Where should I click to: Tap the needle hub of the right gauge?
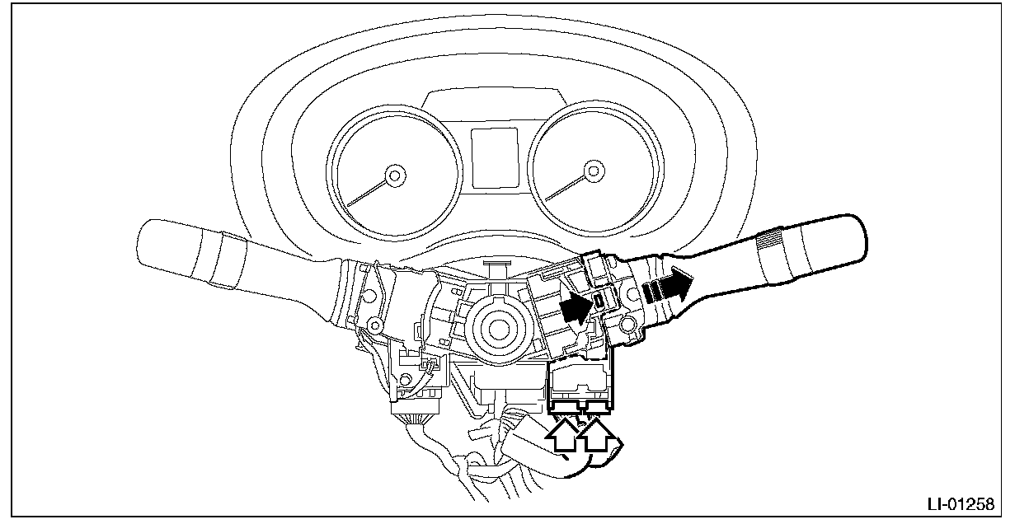point(594,171)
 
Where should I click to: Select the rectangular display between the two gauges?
point(496,157)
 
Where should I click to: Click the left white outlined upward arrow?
point(561,435)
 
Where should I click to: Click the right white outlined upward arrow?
point(596,435)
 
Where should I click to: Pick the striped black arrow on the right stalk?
point(668,285)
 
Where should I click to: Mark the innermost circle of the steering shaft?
point(499,329)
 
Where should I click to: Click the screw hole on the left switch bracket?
point(376,325)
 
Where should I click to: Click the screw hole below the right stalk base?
point(627,325)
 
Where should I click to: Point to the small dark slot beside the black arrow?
point(599,301)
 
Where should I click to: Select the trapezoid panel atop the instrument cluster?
point(495,104)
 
